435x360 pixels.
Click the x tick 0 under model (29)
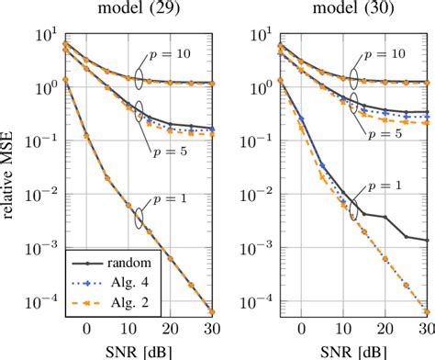(85, 329)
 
